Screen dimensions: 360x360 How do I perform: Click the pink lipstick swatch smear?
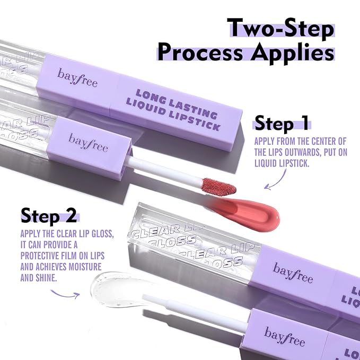(249, 210)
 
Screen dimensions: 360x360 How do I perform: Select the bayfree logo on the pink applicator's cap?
(87, 141)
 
